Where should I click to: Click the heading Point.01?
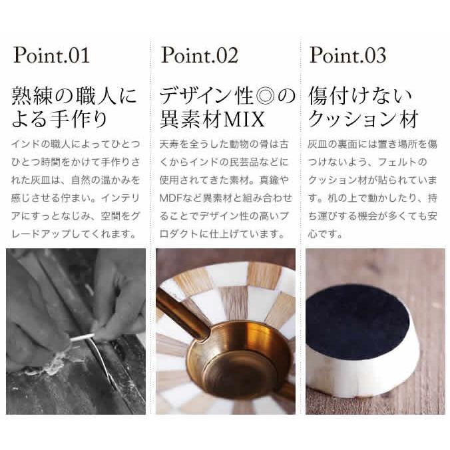(x=51, y=55)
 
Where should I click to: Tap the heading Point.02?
(x=199, y=55)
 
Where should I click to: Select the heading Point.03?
(x=347, y=55)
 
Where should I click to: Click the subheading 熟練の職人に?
(x=75, y=97)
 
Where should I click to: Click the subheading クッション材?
(x=363, y=120)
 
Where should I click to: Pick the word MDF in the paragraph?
(x=171, y=198)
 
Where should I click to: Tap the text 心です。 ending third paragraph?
(x=326, y=234)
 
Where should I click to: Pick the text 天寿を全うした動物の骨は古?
(x=224, y=144)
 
